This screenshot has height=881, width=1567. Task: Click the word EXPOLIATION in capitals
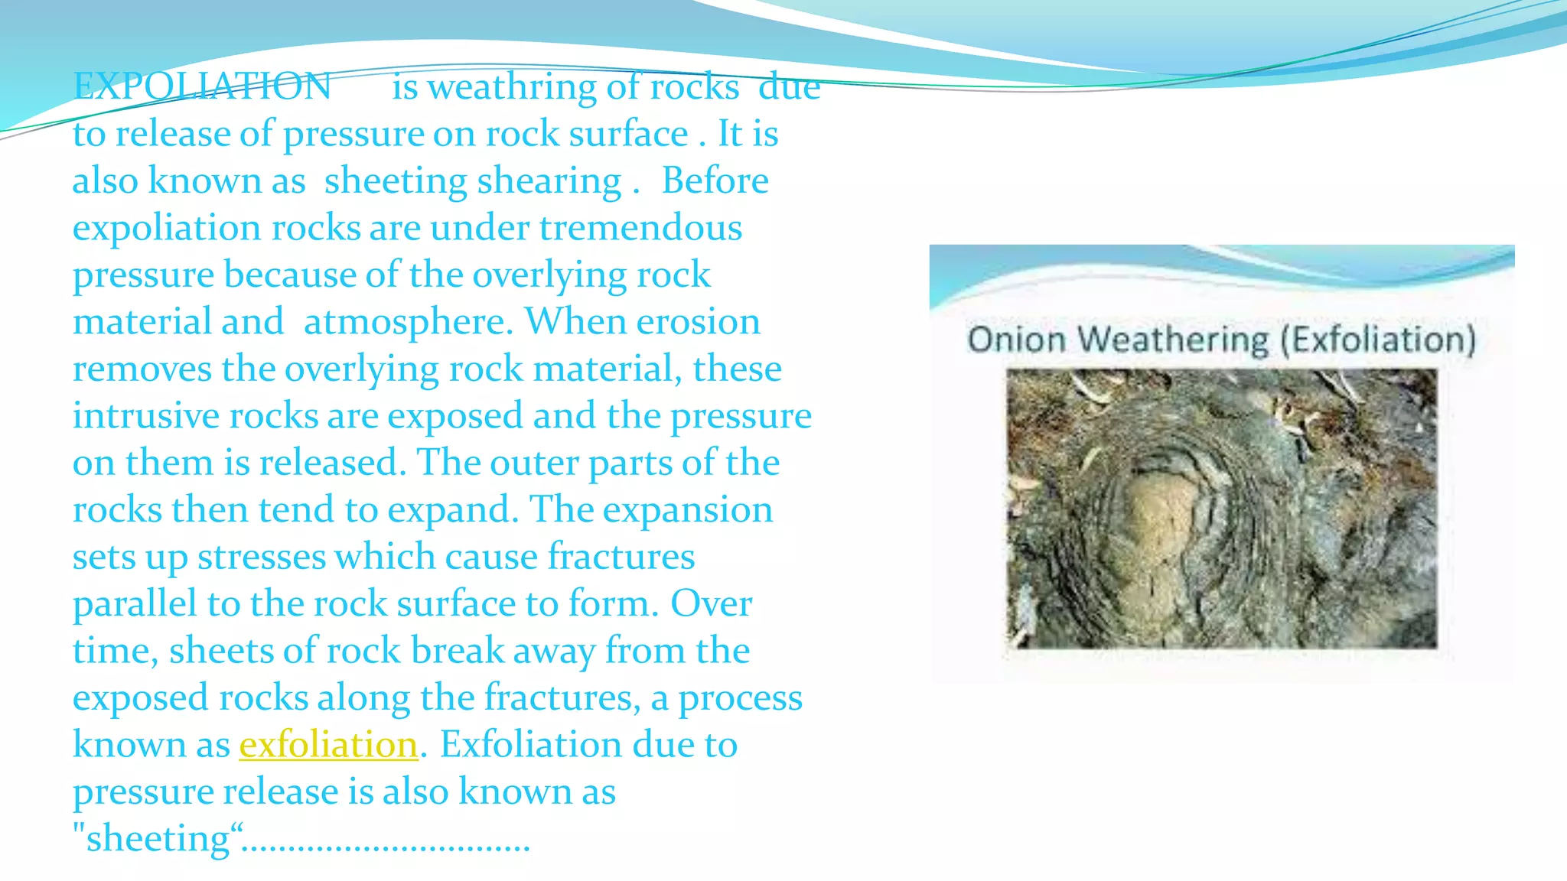point(202,86)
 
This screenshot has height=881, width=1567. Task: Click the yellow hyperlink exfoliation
point(328,745)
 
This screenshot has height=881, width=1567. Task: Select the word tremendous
point(640,228)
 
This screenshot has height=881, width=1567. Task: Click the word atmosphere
point(407,322)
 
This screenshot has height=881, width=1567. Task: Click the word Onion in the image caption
point(1016,339)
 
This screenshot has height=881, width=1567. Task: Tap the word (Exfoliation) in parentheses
point(1377,339)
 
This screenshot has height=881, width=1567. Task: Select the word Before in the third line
point(715,181)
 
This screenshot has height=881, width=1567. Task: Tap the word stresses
point(261,557)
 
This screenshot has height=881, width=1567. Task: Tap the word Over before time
point(711,604)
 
